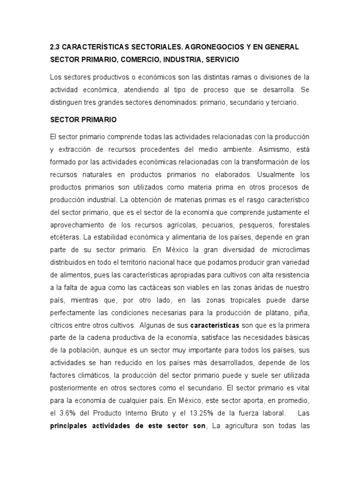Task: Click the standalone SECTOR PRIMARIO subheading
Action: tap(83, 120)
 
